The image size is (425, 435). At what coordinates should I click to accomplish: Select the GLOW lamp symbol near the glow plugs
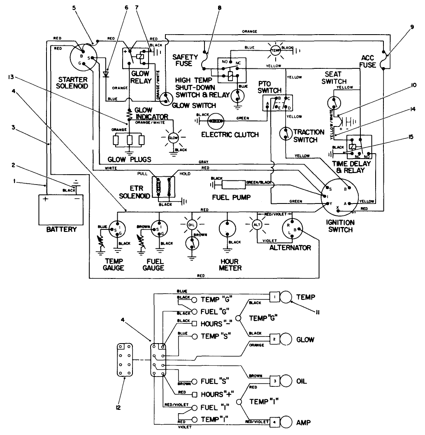173,138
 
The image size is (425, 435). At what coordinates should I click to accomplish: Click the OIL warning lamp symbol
191,225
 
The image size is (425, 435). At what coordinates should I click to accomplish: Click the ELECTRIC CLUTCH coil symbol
216,121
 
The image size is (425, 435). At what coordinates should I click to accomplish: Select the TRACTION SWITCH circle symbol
285,133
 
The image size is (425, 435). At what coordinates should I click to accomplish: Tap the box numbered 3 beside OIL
274,380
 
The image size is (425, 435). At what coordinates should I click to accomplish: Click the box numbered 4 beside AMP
274,422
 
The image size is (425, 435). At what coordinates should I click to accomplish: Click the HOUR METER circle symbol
226,229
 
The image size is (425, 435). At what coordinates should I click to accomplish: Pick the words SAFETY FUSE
185,60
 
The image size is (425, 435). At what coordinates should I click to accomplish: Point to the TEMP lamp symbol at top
274,50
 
